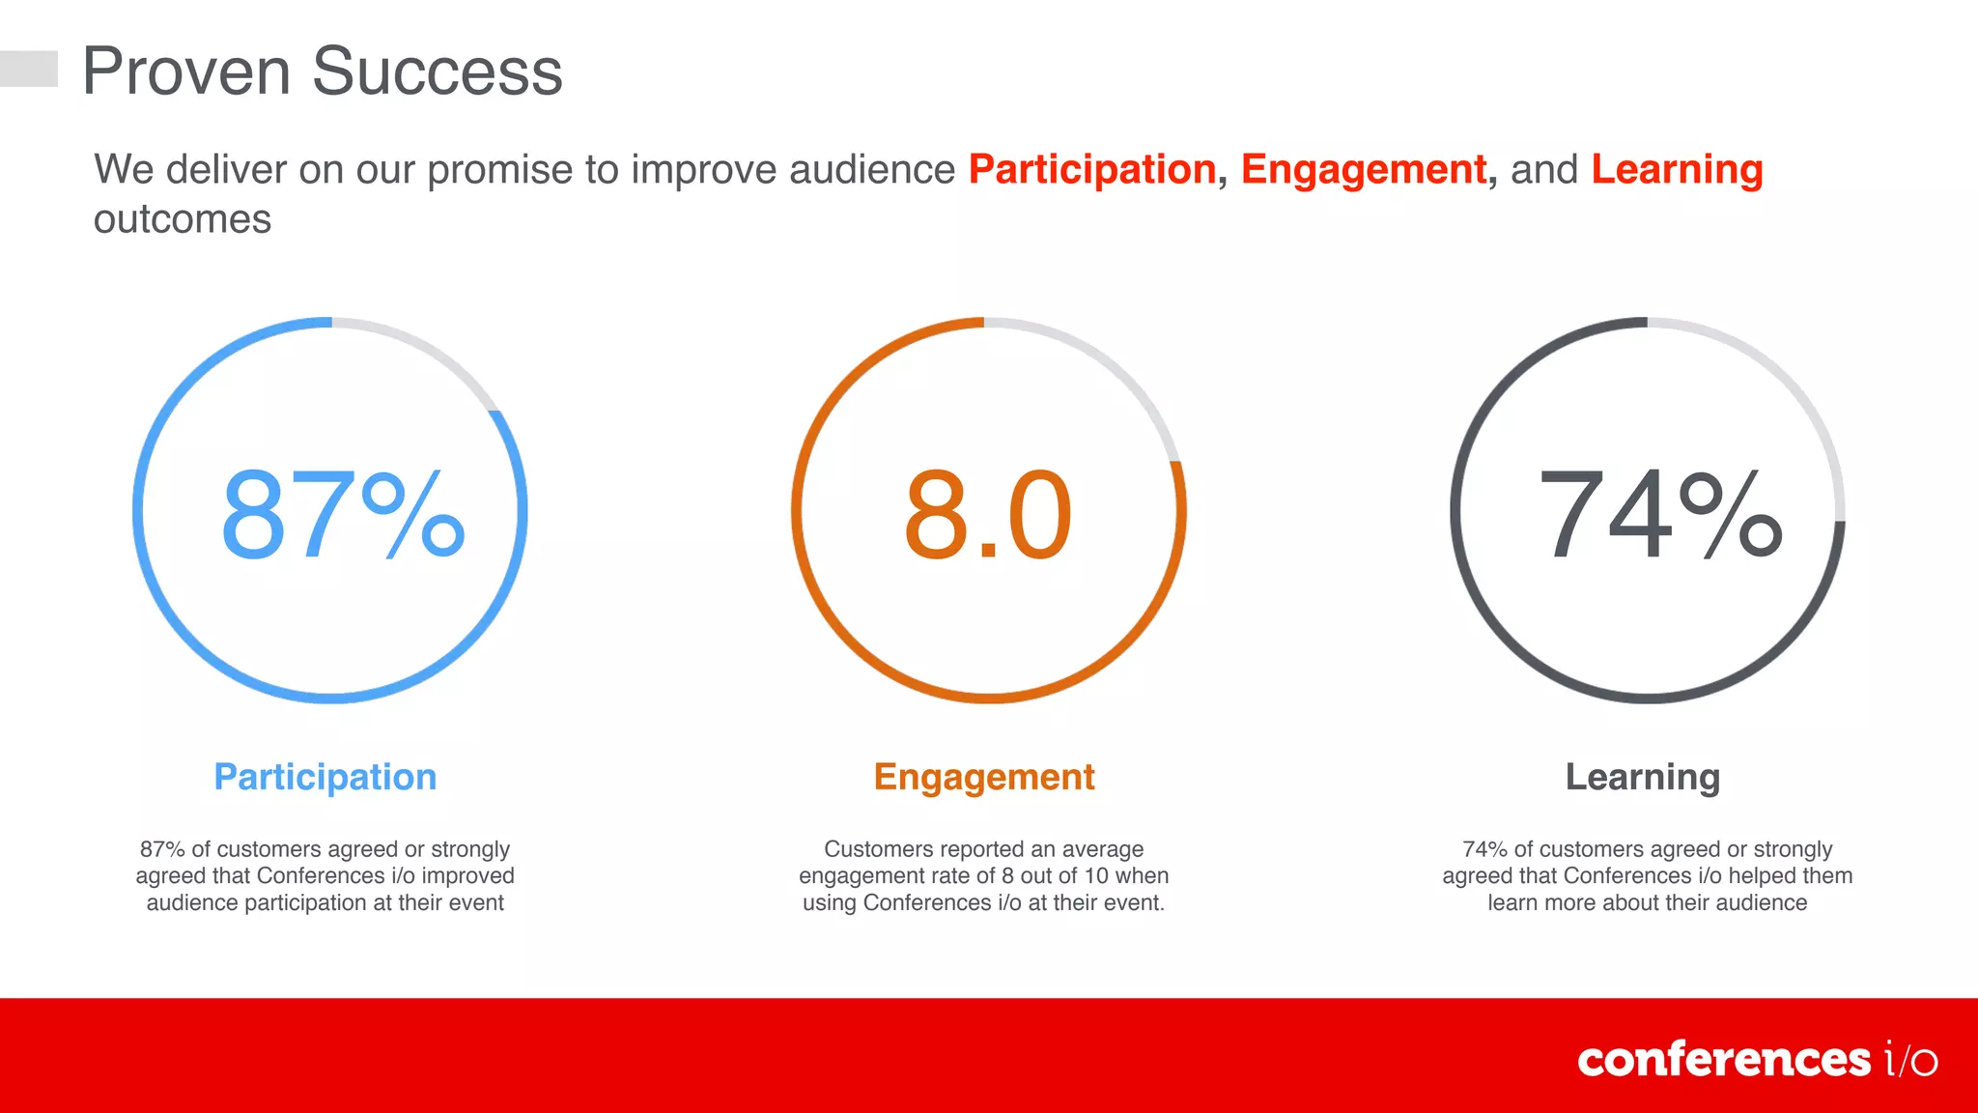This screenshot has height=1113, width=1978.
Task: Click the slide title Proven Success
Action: tap(322, 71)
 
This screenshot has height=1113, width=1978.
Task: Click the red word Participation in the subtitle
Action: tap(1091, 170)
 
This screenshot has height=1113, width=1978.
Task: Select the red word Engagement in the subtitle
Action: tap(1364, 170)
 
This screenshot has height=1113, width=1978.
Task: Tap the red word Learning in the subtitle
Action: tap(1677, 170)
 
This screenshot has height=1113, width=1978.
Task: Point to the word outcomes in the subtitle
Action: tap(183, 219)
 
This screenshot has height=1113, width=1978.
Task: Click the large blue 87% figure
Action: tap(343, 515)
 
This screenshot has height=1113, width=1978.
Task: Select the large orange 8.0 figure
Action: tap(988, 515)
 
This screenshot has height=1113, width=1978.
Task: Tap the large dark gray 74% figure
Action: tap(1659, 515)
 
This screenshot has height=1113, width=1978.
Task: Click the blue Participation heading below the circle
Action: tap(325, 777)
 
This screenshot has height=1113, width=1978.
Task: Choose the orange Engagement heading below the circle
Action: tap(983, 777)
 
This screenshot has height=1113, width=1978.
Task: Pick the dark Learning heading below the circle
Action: tap(1642, 777)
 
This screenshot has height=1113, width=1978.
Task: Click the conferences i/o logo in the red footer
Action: tap(1757, 1060)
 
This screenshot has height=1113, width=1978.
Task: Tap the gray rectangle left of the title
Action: tap(28, 69)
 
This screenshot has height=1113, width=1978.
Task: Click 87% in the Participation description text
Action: tap(162, 849)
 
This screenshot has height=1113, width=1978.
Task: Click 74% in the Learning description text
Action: tap(1484, 849)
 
